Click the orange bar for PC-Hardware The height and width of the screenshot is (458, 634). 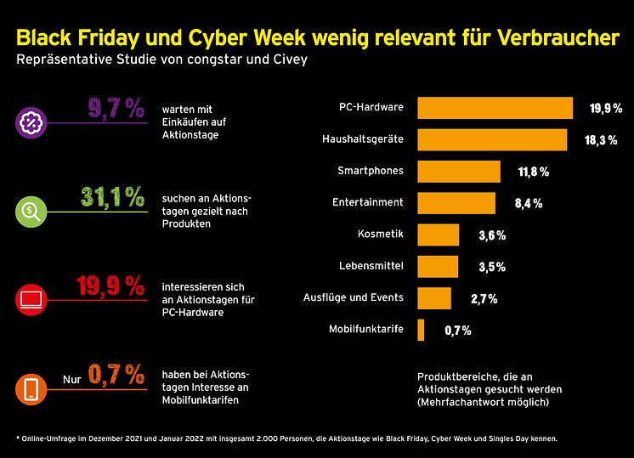(x=495, y=108)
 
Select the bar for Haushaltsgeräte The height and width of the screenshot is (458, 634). (x=492, y=139)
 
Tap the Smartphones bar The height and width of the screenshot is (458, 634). (x=459, y=172)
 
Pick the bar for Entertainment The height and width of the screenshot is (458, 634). (x=456, y=203)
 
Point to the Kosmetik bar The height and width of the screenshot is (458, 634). (x=439, y=235)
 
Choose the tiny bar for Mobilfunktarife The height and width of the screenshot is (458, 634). (x=421, y=330)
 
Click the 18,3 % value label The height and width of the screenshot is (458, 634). (x=600, y=140)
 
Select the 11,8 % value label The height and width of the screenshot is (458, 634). (x=534, y=172)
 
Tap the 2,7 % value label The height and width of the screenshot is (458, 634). (x=483, y=298)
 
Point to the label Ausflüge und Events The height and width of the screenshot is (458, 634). (x=354, y=297)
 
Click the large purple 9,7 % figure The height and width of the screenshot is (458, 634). (x=116, y=109)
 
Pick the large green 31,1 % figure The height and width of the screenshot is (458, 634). (x=112, y=197)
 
